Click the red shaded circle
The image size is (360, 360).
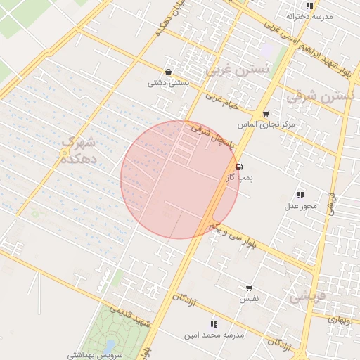[x=180, y=179]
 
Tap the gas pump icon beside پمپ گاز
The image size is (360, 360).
[x=241, y=167]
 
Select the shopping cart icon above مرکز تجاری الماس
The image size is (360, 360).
[x=265, y=114]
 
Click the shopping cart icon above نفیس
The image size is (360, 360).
[x=249, y=288]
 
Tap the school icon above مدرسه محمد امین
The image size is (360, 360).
[x=214, y=324]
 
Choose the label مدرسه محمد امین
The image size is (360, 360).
[x=214, y=335]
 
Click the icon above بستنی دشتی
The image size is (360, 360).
[x=167, y=72]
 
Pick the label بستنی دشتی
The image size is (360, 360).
[x=166, y=82]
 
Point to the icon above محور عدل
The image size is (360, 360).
[x=300, y=195]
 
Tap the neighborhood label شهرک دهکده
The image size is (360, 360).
[x=77, y=150]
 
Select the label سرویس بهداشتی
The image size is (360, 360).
[x=95, y=356]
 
